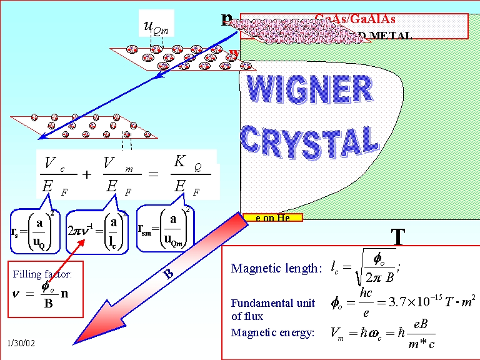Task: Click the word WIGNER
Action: pos(311,91)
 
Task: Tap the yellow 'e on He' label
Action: pos(272,217)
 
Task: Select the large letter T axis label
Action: pos(398,237)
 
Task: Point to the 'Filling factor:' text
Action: pos(42,274)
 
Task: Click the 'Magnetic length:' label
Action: pos(276,269)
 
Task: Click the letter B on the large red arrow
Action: pos(168,273)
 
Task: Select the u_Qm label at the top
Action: pos(156,26)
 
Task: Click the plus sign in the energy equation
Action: pos(87,175)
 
